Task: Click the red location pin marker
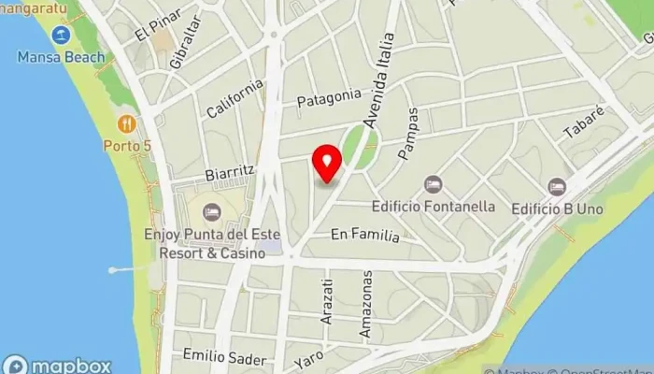click(x=327, y=163)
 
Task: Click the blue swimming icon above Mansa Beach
click(x=62, y=36)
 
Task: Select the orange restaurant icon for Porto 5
click(x=127, y=123)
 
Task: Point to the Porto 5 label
click(x=127, y=145)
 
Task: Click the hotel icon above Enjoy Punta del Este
click(x=212, y=212)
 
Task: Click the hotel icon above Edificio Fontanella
click(x=432, y=185)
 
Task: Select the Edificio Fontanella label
click(x=433, y=206)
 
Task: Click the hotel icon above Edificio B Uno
click(x=557, y=186)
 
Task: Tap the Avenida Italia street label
click(x=379, y=80)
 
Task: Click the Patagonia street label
click(x=328, y=96)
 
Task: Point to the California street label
click(x=235, y=98)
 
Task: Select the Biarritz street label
click(x=230, y=172)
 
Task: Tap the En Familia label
click(x=364, y=237)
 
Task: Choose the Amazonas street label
click(x=367, y=305)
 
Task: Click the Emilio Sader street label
click(x=218, y=357)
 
